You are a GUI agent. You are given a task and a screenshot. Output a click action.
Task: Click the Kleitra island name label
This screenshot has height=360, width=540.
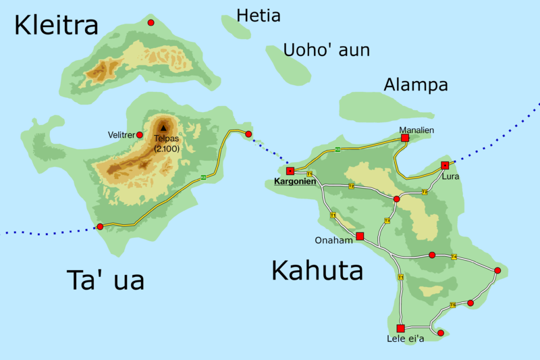(x=57, y=26)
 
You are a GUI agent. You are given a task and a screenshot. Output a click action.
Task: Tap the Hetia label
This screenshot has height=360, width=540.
(x=259, y=16)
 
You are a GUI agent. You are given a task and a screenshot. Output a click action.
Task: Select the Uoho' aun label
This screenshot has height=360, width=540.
(x=326, y=50)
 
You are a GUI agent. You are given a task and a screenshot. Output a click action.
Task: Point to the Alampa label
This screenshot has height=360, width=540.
(x=415, y=85)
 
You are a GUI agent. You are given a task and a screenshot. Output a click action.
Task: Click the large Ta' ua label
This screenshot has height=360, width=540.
(x=105, y=280)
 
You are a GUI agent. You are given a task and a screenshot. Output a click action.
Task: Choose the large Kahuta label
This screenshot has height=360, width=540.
(x=317, y=271)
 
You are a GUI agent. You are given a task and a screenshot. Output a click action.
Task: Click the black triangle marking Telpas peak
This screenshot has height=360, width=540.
(x=164, y=127)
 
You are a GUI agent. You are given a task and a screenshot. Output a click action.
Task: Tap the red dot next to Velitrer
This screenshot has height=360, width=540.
(x=140, y=135)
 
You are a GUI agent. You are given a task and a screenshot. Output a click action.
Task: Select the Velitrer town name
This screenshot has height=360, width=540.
(x=122, y=135)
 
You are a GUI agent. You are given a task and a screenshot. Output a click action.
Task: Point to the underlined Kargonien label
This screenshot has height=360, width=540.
(x=294, y=182)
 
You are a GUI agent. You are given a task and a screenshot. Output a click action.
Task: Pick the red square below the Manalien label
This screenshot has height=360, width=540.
(x=405, y=138)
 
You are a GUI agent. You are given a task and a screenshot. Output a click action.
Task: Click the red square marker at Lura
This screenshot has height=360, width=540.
(x=445, y=165)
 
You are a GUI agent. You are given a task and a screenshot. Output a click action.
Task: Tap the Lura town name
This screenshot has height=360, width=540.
(x=450, y=176)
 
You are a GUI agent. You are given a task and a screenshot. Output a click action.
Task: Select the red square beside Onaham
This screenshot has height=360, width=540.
(x=360, y=236)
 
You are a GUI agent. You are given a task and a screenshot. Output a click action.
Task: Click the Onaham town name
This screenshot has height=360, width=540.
(x=334, y=240)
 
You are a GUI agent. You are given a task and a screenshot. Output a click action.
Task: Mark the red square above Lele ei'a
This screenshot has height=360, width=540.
(x=400, y=328)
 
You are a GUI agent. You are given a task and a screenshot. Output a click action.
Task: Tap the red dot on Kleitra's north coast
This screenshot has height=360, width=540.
(x=151, y=23)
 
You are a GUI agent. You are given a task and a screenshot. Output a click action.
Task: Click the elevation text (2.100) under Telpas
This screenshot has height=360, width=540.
(x=166, y=148)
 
